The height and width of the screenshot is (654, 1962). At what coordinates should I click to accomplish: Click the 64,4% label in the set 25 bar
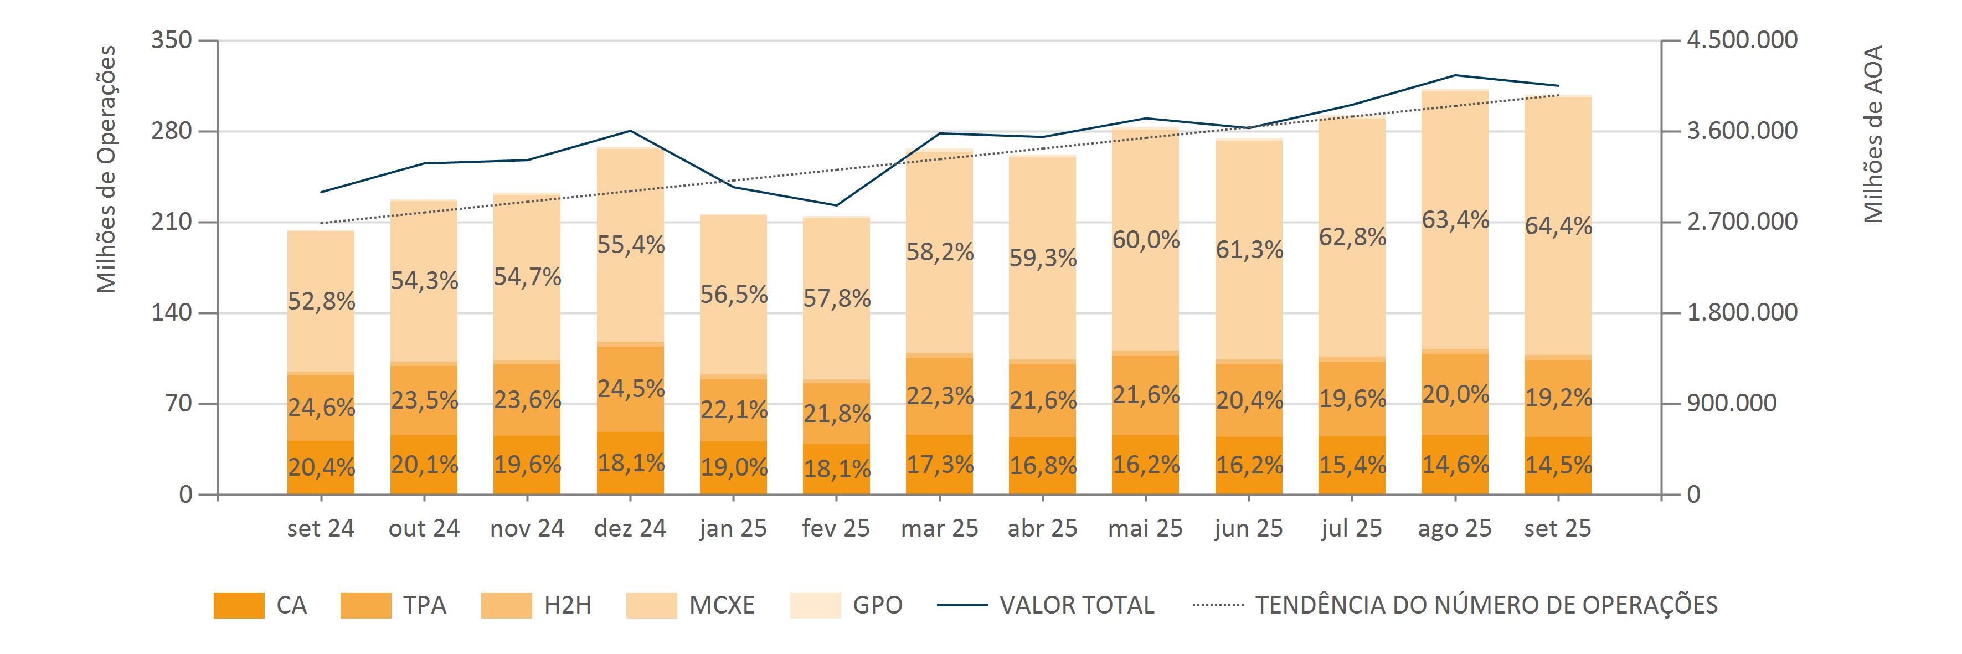click(1558, 226)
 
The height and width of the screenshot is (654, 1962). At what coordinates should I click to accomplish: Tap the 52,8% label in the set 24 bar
click(321, 301)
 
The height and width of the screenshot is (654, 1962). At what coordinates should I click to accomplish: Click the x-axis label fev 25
click(836, 528)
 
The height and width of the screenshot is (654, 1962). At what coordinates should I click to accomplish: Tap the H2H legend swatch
click(507, 605)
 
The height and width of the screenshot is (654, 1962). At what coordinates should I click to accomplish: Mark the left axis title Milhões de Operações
click(107, 169)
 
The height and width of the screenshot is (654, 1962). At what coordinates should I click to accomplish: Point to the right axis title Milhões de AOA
click(1873, 134)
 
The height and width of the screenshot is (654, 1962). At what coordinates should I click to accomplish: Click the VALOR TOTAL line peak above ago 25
click(1455, 75)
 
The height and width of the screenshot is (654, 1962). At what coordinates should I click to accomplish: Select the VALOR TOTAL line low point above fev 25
click(836, 205)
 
